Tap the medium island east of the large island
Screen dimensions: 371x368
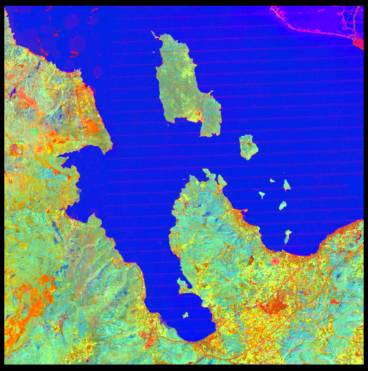click(x=248, y=147)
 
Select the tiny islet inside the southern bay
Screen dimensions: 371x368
click(x=185, y=314)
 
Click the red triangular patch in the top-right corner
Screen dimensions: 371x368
click(x=359, y=43)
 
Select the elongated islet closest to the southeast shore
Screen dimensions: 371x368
click(x=288, y=235)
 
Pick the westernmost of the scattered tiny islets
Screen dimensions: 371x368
click(x=262, y=193)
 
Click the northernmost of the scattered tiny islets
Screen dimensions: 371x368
click(x=273, y=180)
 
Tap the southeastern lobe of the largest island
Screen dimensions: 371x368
click(x=210, y=118)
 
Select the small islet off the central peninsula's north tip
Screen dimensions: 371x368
click(x=208, y=172)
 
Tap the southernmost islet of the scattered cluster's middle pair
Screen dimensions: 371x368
click(x=283, y=206)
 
